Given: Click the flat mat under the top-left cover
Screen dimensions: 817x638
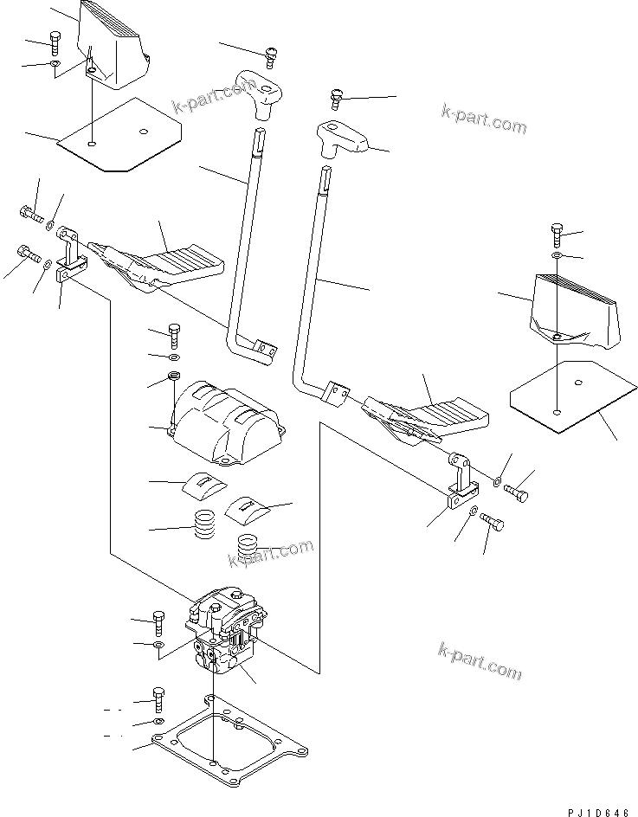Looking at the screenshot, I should point(120,134).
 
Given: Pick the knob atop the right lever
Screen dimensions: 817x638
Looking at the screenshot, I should point(343,138).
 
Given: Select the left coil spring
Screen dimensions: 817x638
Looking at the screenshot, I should point(204,524).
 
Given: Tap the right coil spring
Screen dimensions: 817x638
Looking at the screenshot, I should point(248,550).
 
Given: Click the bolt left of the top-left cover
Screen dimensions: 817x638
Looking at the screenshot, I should point(56,41).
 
